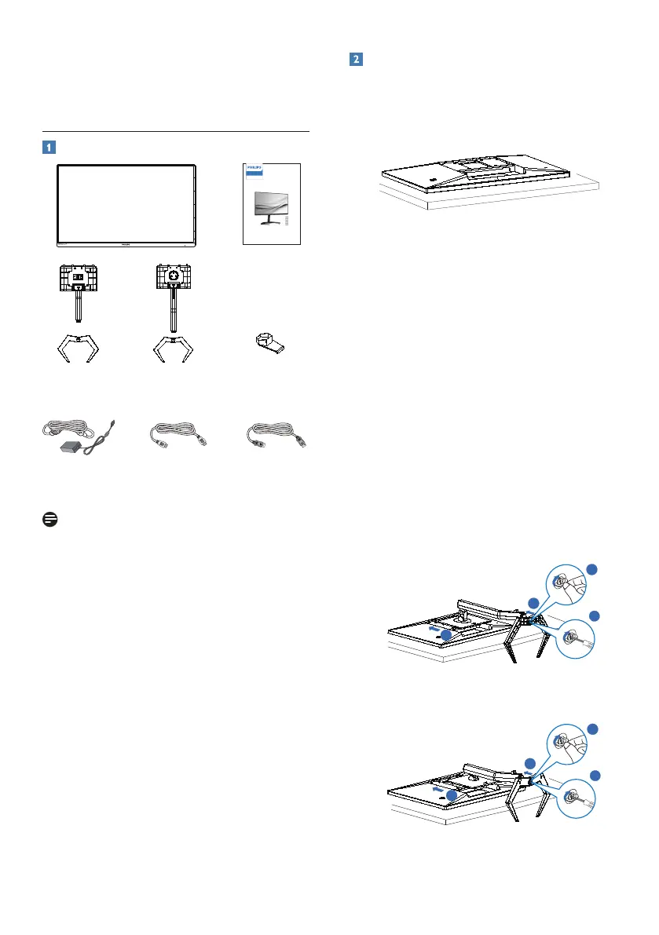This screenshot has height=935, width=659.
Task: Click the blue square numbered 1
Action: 49,146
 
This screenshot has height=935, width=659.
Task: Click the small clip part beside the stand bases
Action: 269,343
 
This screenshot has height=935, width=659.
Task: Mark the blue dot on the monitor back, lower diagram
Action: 448,794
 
